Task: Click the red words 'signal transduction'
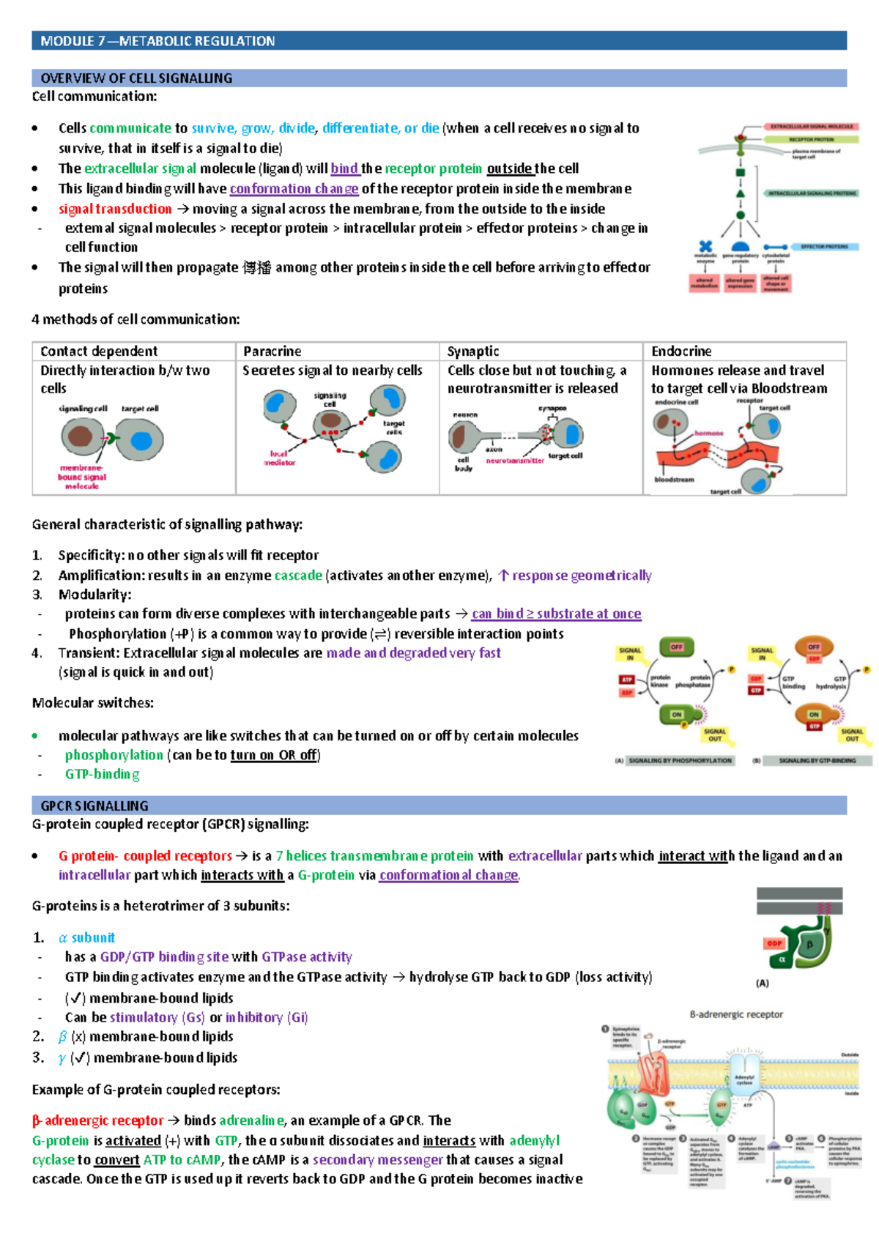(x=115, y=209)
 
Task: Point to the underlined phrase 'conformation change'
(x=294, y=189)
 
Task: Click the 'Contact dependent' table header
(x=99, y=352)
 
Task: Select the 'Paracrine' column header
(x=272, y=352)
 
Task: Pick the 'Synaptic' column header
(x=473, y=352)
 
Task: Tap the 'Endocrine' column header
(x=681, y=352)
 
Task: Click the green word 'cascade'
(x=298, y=576)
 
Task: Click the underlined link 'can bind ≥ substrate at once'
(x=556, y=614)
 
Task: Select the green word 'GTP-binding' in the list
(x=102, y=774)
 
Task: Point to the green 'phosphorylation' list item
(x=114, y=755)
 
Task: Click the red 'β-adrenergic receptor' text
(x=97, y=1120)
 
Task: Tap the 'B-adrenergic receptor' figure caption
(x=736, y=1014)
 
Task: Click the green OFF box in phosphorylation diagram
(x=676, y=647)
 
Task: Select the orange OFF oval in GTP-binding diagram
(x=814, y=648)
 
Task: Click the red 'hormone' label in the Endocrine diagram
(x=708, y=434)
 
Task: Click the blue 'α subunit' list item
(x=86, y=938)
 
